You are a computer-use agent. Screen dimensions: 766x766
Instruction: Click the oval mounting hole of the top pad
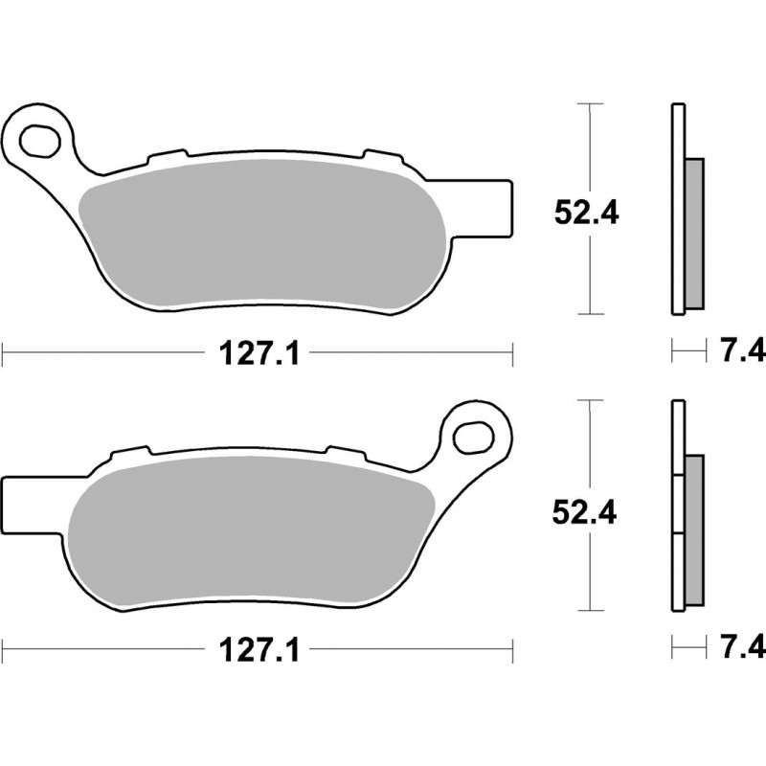(40, 141)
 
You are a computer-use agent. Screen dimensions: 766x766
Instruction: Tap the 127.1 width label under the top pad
(259, 353)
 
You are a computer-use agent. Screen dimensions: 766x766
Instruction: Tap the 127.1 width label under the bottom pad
(259, 651)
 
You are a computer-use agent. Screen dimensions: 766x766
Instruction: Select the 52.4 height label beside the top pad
(586, 213)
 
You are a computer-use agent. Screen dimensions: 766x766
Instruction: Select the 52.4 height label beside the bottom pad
(584, 512)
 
